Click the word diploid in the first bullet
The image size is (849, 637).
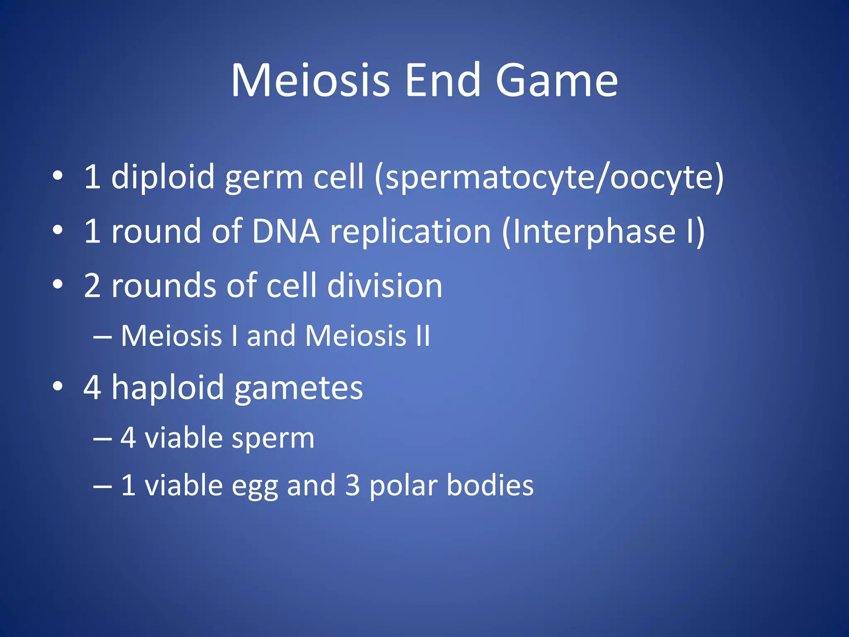163,177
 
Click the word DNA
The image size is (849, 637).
286,231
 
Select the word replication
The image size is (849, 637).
410,232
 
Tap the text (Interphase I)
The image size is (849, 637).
603,232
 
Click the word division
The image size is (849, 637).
385,286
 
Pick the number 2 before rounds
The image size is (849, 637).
92,286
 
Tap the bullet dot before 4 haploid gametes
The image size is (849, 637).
58,386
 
